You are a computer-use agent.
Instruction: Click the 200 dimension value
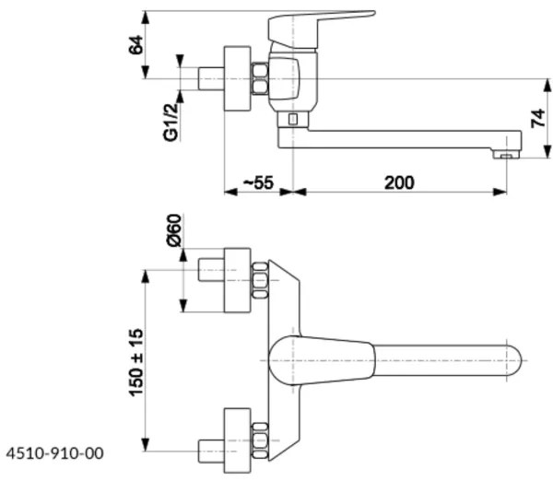pyautogui.click(x=398, y=182)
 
